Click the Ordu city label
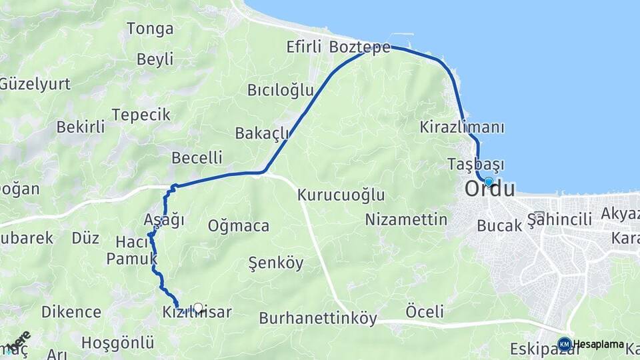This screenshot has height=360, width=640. point(490,189)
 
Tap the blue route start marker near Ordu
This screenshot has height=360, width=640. point(489,181)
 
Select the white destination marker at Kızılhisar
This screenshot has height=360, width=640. point(197,308)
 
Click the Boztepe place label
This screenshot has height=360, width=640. point(359,47)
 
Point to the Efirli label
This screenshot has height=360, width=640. point(304,47)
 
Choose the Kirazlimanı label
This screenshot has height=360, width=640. point(462,127)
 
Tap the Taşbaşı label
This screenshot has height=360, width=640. point(476,164)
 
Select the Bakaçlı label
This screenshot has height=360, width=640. point(262,133)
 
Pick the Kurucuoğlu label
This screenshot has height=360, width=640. point(341,195)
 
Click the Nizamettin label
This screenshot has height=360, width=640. point(406,219)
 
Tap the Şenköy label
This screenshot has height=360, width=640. point(275,263)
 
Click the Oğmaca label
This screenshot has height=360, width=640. point(239,226)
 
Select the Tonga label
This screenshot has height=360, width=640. point(150,29)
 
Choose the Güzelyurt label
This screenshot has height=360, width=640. point(25,84)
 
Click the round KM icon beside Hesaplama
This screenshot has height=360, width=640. point(565,344)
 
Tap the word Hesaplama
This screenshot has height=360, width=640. point(599,345)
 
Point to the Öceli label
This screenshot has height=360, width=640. point(425,311)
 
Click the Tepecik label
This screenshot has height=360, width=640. point(141,115)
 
